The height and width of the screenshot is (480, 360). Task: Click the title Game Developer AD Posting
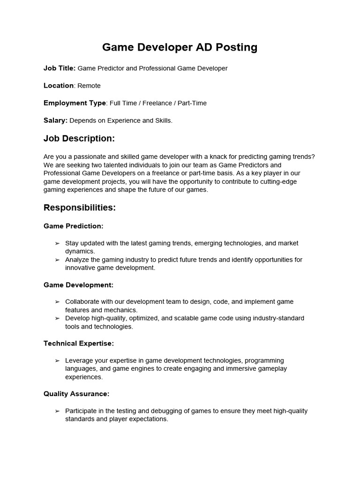[180, 47]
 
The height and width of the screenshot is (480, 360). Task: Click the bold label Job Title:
[60, 68]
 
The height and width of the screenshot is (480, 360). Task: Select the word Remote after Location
[89, 86]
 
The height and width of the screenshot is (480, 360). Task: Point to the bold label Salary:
[56, 120]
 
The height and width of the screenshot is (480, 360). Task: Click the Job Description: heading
[79, 139]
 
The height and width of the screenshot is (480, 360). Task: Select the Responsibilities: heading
[80, 208]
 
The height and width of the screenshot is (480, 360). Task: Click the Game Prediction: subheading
[73, 226]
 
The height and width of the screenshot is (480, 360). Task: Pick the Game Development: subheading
[78, 285]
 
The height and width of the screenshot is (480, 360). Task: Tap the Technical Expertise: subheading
[79, 344]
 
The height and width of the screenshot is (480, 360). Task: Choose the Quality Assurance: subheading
[76, 394]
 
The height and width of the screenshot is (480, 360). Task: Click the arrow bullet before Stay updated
[57, 243]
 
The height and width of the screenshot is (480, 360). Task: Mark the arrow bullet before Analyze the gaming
[57, 260]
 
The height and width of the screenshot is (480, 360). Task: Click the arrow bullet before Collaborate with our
[57, 302]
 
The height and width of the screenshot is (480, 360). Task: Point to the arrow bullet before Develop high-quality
[57, 318]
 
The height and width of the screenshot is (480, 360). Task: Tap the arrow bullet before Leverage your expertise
[57, 360]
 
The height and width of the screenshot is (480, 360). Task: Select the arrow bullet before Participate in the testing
[57, 411]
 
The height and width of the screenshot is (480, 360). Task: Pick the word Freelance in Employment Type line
[157, 103]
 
